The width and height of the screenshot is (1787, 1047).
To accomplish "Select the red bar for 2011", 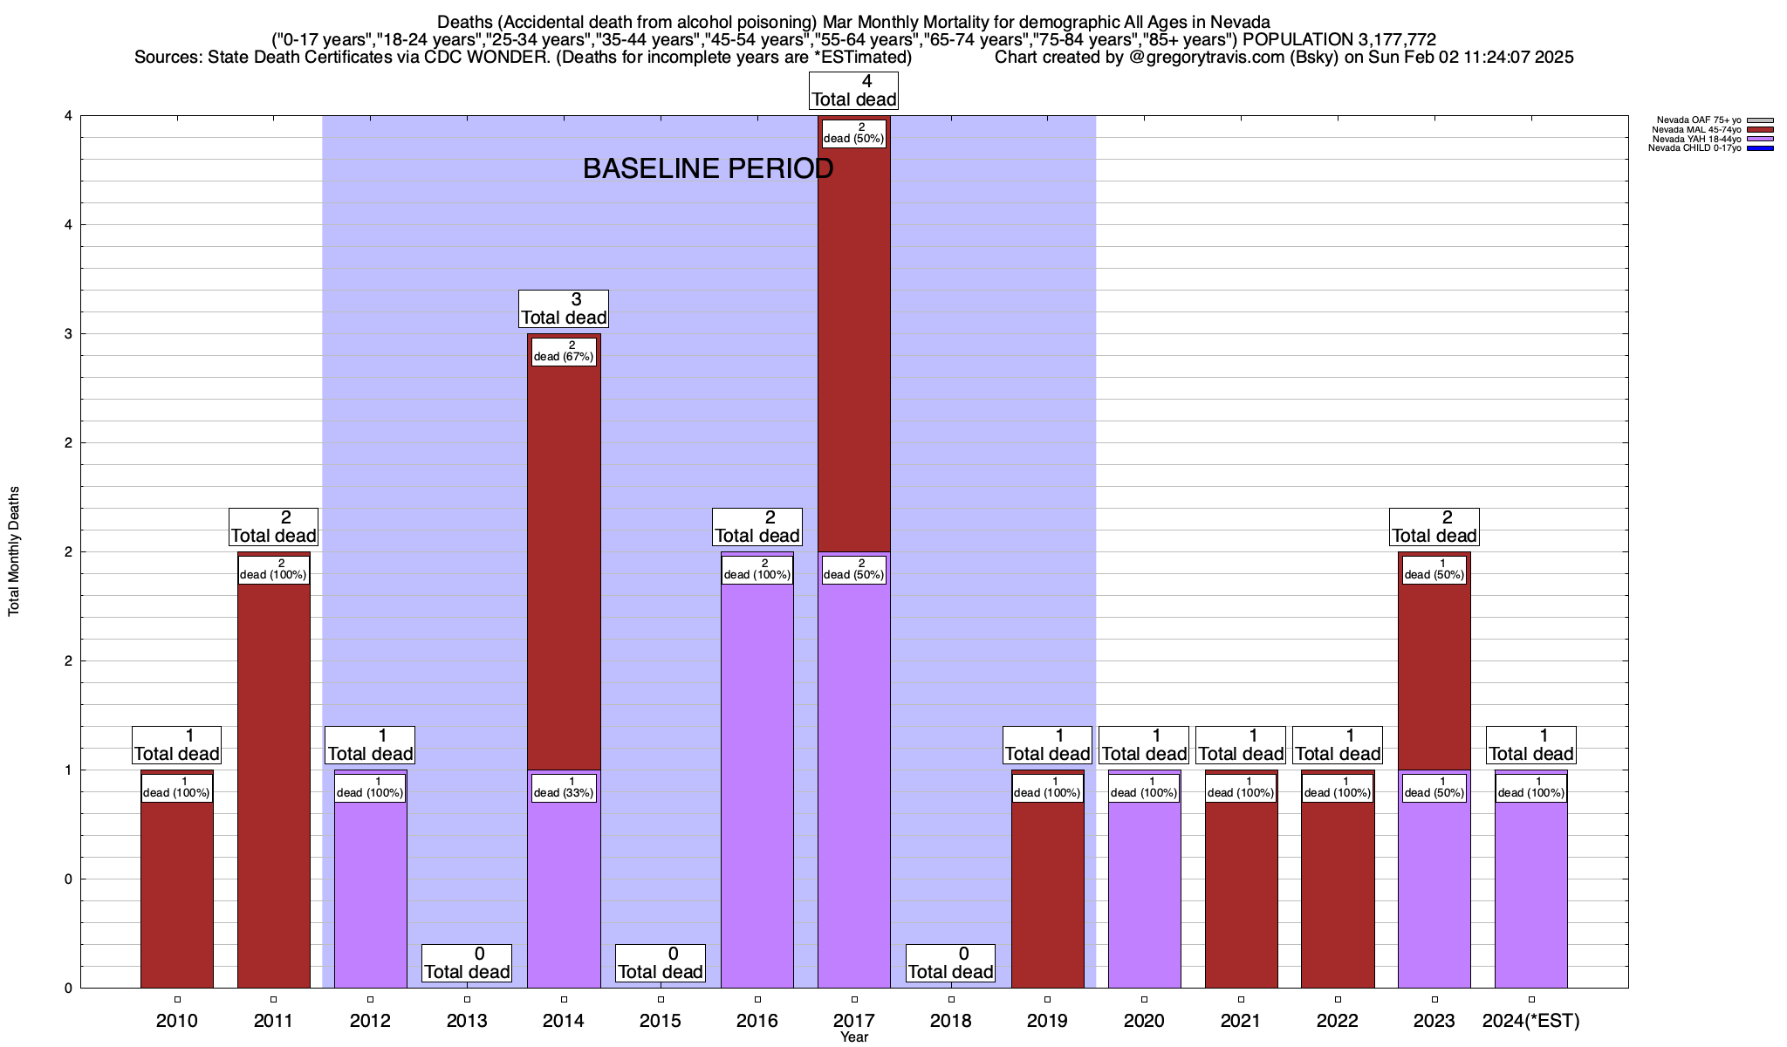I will coord(273,785).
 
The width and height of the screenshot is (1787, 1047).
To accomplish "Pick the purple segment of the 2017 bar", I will coord(853,785).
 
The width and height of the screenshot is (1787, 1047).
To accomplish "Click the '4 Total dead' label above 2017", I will coord(853,91).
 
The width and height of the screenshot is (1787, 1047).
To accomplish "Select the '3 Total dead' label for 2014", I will coord(564,309).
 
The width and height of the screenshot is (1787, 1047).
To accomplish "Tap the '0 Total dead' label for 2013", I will coord(467,963).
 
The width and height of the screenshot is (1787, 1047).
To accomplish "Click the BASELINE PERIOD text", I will coord(708,168).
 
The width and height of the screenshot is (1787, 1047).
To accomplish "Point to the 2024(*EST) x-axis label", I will coord(1531,1021).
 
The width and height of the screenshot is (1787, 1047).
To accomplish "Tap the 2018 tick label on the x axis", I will coord(951,1021).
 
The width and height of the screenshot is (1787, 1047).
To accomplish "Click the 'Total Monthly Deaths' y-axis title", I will coord(14,551).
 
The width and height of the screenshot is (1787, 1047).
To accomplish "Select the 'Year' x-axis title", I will coord(854,1037).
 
